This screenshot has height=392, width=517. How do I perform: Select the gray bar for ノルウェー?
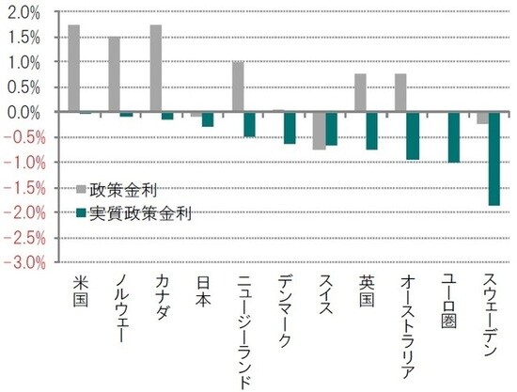coord(114,74)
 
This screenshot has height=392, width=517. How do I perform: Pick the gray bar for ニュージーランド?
coord(237,86)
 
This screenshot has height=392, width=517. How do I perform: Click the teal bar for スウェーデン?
coord(494,158)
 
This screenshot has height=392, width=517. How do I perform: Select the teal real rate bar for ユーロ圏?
coord(454,137)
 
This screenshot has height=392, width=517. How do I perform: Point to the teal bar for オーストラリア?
coord(413,135)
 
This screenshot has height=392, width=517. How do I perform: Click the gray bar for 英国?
coord(360,93)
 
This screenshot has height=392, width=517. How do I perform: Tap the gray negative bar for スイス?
coord(319,131)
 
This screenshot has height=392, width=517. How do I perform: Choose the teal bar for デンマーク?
coord(290,128)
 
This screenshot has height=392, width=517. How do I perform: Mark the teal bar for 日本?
coord(208,119)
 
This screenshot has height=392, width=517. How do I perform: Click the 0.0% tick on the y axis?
coord(23,112)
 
